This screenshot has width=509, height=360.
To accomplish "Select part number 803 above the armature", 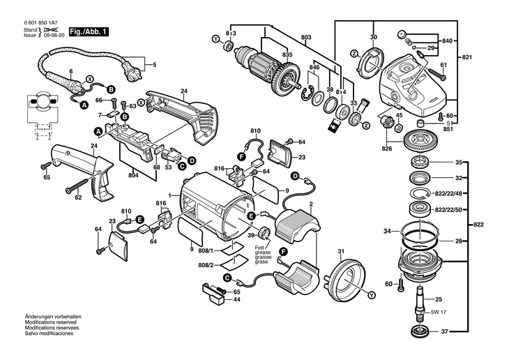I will (x=306, y=36).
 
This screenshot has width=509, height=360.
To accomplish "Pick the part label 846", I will (x=315, y=68).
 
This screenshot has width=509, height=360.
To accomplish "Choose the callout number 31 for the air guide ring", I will (x=342, y=250).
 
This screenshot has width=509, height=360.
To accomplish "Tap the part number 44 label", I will (x=237, y=299).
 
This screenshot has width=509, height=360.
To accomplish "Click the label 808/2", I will (x=206, y=265).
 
